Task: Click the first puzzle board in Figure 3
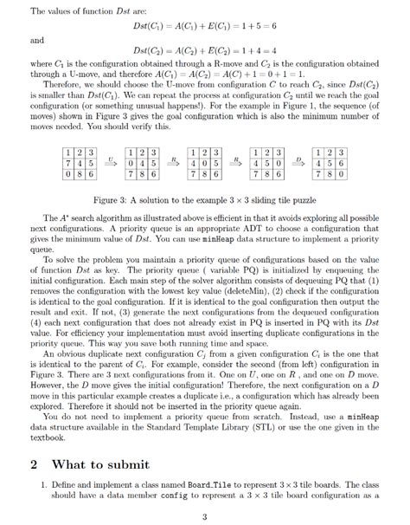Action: [x=80, y=163]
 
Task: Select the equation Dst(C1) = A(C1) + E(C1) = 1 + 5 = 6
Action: [x=204, y=27]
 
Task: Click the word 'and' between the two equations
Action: [x=37, y=40]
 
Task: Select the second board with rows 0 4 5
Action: [x=142, y=163]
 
